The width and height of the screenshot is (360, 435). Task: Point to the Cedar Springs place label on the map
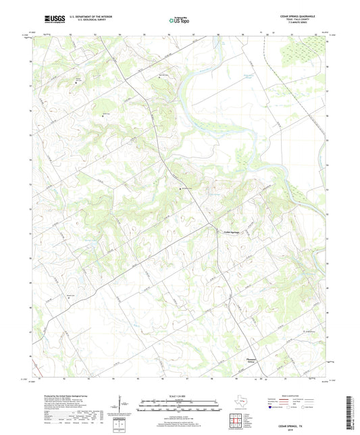tap(232, 233)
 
